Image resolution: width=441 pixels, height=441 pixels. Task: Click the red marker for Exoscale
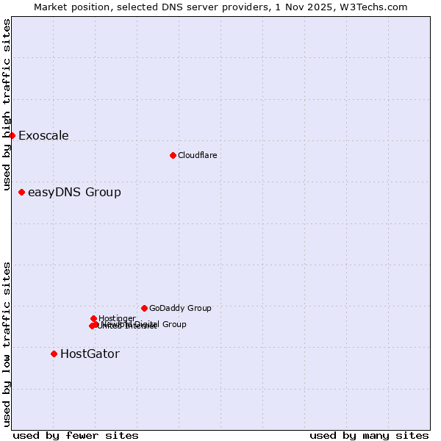pyautogui.click(x=12, y=135)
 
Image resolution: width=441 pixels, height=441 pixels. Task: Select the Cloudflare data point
pyautogui.click(x=173, y=155)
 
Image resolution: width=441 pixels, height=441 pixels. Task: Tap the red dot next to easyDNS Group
pyautogui.click(x=22, y=192)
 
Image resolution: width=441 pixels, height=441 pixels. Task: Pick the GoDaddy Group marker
pyautogui.click(x=144, y=308)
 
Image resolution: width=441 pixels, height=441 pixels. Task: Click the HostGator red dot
pyautogui.click(x=54, y=354)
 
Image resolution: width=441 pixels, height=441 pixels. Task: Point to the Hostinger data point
pyautogui.click(x=93, y=318)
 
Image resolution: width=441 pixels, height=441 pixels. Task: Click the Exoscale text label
pyautogui.click(x=43, y=135)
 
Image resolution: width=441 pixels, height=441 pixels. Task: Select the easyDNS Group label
pyautogui.click(x=74, y=193)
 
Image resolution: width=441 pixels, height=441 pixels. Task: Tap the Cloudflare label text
pyautogui.click(x=197, y=155)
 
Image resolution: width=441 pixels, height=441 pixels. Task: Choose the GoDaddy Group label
pyautogui.click(x=180, y=308)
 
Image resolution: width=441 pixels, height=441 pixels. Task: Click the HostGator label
pyautogui.click(x=90, y=354)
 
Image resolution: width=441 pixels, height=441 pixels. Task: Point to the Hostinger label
pyautogui.click(x=117, y=318)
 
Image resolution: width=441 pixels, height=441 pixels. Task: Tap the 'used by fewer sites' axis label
pyautogui.click(x=76, y=435)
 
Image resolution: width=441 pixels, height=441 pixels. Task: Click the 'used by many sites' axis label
pyautogui.click(x=369, y=435)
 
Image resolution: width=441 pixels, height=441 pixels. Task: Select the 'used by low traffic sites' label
pyautogui.click(x=7, y=344)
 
